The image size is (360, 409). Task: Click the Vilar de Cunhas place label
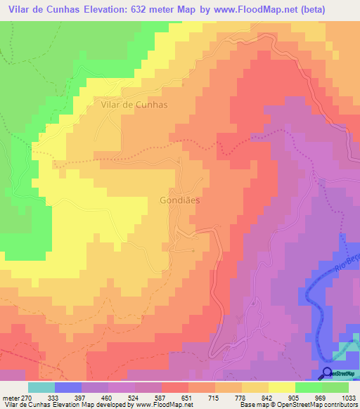(134, 103)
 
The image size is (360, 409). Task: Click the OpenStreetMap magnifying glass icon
(328, 374)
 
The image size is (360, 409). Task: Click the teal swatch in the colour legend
(41, 387)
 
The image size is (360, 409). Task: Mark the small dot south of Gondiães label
(193, 250)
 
